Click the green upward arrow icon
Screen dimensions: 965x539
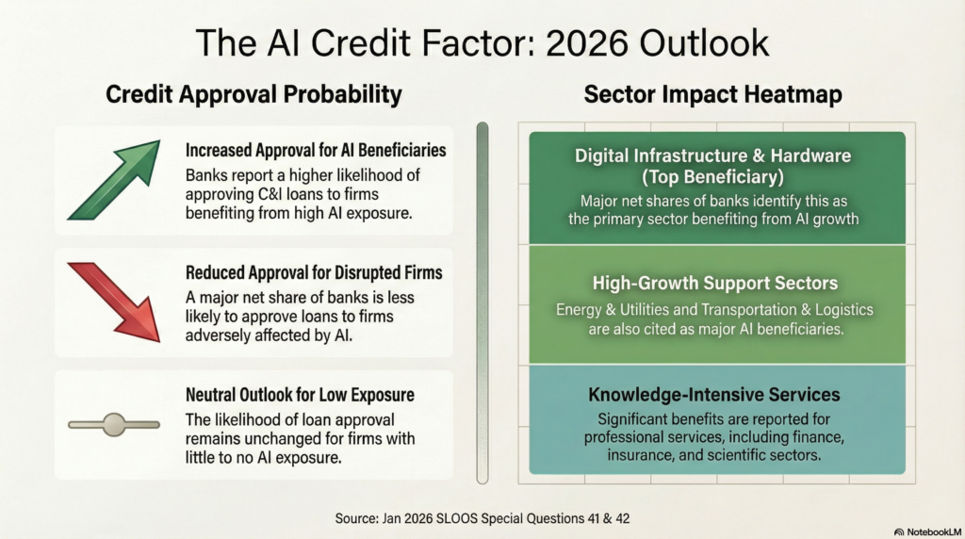pos(115,180)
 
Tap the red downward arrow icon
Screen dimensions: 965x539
pos(115,302)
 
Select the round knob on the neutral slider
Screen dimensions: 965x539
pos(114,425)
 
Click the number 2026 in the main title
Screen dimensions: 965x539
pos(586,43)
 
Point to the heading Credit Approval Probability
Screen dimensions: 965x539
pos(254,94)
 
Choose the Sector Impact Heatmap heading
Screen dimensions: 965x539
pos(712,94)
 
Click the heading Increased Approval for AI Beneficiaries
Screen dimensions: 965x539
pos(316,150)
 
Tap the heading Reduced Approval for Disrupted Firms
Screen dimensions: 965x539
pos(314,272)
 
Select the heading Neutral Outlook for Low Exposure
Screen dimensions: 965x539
pos(300,395)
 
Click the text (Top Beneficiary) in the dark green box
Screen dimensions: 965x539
pos(712,177)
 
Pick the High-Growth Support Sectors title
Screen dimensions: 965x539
pos(715,283)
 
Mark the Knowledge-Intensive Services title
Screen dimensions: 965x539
pos(714,395)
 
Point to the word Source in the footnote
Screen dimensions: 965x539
pos(356,518)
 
